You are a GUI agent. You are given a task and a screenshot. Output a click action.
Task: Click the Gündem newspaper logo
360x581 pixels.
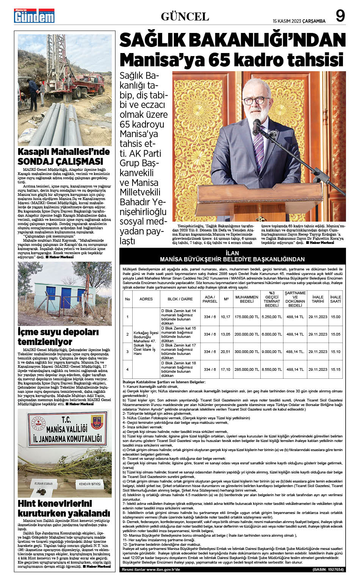click(x=34, y=16)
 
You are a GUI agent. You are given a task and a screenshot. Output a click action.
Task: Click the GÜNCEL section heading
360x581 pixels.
click(x=185, y=17)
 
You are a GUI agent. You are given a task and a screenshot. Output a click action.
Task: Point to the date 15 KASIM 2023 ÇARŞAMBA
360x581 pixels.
click(x=299, y=21)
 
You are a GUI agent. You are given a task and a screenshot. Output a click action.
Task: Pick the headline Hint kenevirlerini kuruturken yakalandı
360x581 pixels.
click(x=64, y=508)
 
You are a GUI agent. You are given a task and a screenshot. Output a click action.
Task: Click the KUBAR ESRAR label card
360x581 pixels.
click(x=44, y=484)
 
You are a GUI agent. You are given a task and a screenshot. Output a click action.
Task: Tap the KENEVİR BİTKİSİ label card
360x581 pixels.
click(x=90, y=484)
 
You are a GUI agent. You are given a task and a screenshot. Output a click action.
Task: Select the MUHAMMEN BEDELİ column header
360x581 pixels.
click(x=247, y=299)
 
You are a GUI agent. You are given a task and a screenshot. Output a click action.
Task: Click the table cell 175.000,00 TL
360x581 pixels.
click(x=247, y=317)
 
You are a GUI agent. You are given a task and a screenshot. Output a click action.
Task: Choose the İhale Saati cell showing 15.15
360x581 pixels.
click(x=335, y=369)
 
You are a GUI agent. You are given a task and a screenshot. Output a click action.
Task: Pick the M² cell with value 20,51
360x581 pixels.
click(x=225, y=352)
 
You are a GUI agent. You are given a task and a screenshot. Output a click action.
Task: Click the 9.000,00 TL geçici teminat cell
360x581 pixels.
click(x=272, y=352)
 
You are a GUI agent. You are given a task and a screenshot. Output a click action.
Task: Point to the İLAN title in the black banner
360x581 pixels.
click(x=232, y=253)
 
